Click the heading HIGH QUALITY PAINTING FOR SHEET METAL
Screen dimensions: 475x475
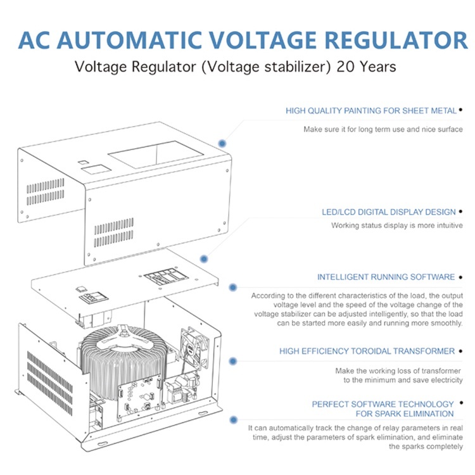pos(371,111)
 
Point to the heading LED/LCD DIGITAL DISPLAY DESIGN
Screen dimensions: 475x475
pos(389,212)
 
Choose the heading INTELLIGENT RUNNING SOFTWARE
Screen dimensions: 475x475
pos(386,277)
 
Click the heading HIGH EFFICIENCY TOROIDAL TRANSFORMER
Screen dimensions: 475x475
pos(367,351)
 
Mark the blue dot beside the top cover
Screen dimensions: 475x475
pos(222,144)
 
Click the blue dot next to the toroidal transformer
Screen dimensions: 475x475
pos(233,360)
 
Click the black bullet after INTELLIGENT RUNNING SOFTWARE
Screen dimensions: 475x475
pos(460,277)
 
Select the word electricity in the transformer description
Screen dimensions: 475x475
pos(445,380)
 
